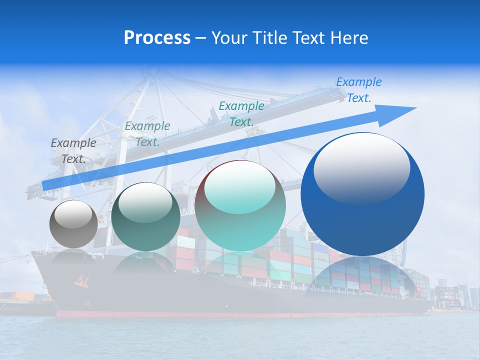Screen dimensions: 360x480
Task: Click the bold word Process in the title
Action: pyautogui.click(x=157, y=38)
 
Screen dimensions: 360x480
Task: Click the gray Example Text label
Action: pyautogui.click(x=73, y=150)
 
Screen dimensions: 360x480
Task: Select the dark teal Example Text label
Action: pyautogui.click(x=147, y=133)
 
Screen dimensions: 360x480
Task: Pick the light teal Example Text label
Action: pyautogui.click(x=241, y=113)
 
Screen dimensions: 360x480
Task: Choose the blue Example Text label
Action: pyautogui.click(x=358, y=89)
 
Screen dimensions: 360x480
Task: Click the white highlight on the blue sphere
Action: pyautogui.click(x=361, y=167)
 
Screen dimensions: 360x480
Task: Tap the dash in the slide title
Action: pyautogui.click(x=200, y=38)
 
